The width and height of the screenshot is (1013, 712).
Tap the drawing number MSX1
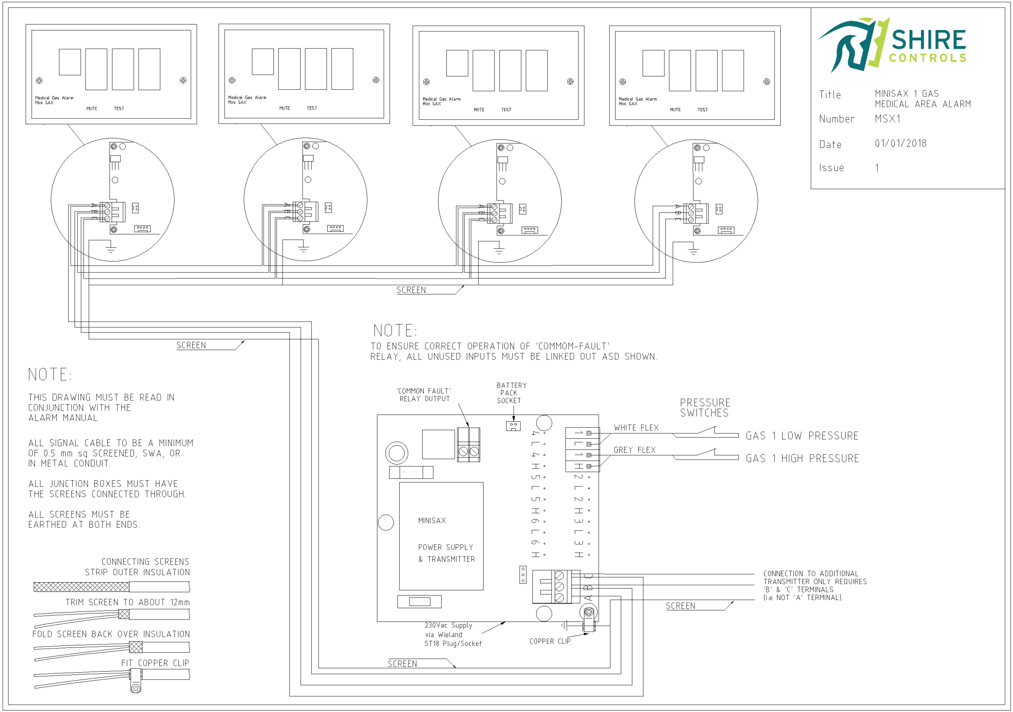pyautogui.click(x=887, y=119)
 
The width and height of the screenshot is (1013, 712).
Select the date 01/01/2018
pyautogui.click(x=901, y=143)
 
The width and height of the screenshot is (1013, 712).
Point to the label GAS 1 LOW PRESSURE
pyautogui.click(x=802, y=436)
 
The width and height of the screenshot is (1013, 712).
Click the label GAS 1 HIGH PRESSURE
pyautogui.click(x=802, y=458)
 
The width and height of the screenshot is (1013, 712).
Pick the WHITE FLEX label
pyautogui.click(x=636, y=428)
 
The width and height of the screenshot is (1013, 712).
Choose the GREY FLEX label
pyautogui.click(x=634, y=450)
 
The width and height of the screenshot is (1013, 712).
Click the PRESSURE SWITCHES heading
pyautogui.click(x=705, y=407)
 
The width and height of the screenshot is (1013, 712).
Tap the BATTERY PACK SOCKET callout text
pyautogui.click(x=511, y=393)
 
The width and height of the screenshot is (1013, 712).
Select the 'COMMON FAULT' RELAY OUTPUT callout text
pyautogui.click(x=424, y=395)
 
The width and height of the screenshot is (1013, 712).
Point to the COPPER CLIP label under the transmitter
pyautogui.click(x=550, y=641)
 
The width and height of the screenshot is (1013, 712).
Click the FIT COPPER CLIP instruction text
pyautogui.click(x=155, y=663)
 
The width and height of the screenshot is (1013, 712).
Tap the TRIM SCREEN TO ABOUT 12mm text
pyautogui.click(x=127, y=602)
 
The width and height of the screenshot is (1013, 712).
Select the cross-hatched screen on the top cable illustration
pyautogui.click(x=82, y=587)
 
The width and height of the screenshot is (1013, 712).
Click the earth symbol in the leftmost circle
pyautogui.click(x=111, y=249)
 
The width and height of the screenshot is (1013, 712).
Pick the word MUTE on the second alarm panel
pyautogui.click(x=285, y=108)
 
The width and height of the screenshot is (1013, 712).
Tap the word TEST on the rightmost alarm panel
pyautogui.click(x=702, y=110)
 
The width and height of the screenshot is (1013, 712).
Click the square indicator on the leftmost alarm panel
pyautogui.click(x=70, y=62)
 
